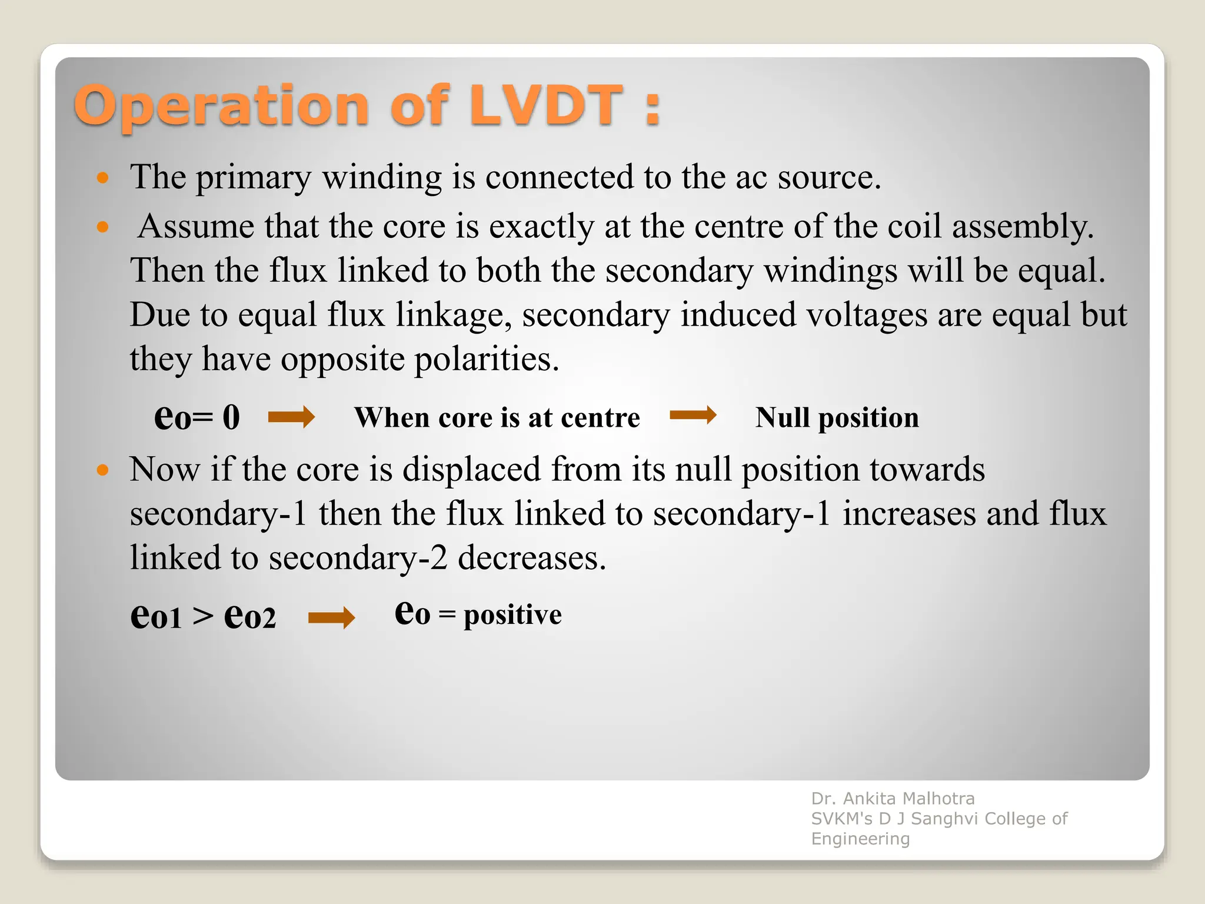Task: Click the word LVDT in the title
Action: point(546,106)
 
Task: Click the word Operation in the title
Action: point(221,107)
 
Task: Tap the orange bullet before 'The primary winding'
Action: point(103,177)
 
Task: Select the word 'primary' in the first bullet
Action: point(254,177)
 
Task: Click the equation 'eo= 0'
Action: point(197,417)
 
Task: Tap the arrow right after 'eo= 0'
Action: point(291,417)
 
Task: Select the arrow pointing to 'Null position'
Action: point(693,416)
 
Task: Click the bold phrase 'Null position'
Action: point(837,418)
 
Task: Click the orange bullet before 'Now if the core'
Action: point(103,470)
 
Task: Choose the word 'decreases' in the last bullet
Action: point(531,558)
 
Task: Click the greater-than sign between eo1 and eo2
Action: point(203,617)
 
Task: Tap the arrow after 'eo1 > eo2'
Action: point(331,617)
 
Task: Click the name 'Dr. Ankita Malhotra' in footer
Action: point(893,799)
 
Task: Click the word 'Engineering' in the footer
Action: point(860,839)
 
